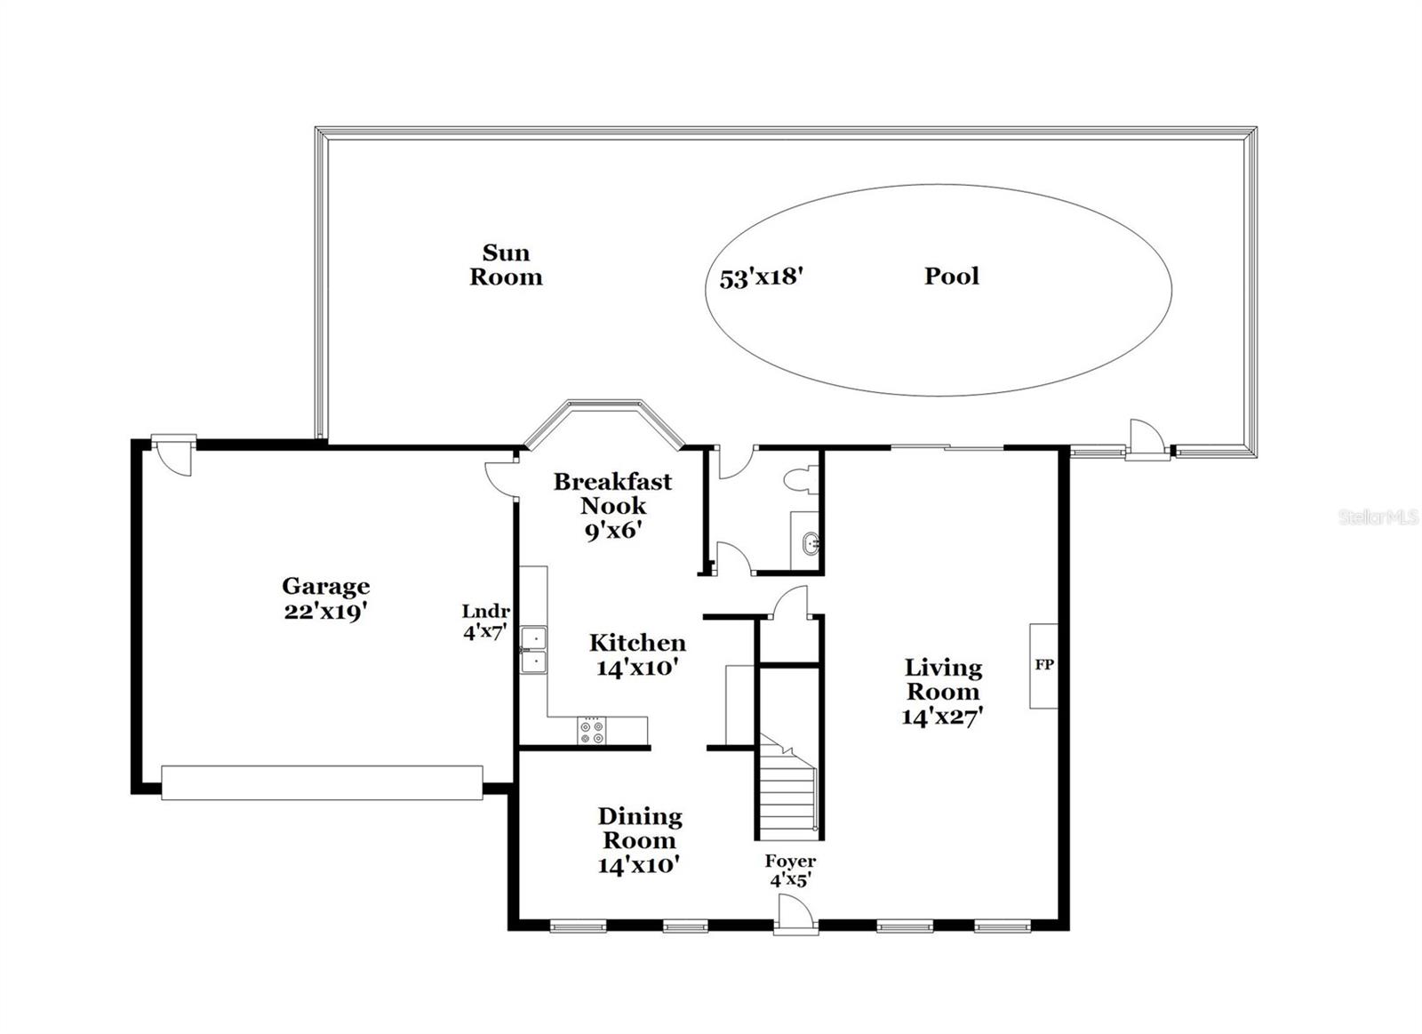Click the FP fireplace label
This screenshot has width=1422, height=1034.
click(1044, 664)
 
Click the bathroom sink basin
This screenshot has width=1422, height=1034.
click(810, 543)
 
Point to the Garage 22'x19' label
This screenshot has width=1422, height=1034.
click(325, 598)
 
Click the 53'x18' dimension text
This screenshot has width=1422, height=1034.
click(762, 277)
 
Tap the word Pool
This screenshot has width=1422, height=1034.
click(951, 276)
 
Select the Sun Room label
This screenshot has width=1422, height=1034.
click(506, 265)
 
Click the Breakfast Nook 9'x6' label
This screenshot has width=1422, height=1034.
click(612, 505)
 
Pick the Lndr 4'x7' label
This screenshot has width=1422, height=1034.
click(484, 621)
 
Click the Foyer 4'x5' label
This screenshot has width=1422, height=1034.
click(790, 870)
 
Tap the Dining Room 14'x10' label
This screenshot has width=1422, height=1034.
click(639, 839)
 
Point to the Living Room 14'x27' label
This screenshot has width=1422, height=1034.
click(942, 691)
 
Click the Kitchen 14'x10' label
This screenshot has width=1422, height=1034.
click(637, 654)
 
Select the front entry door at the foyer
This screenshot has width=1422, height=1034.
click(794, 916)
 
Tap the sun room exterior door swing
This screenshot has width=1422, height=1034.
click(1146, 439)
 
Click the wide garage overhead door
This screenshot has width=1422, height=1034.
click(322, 782)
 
